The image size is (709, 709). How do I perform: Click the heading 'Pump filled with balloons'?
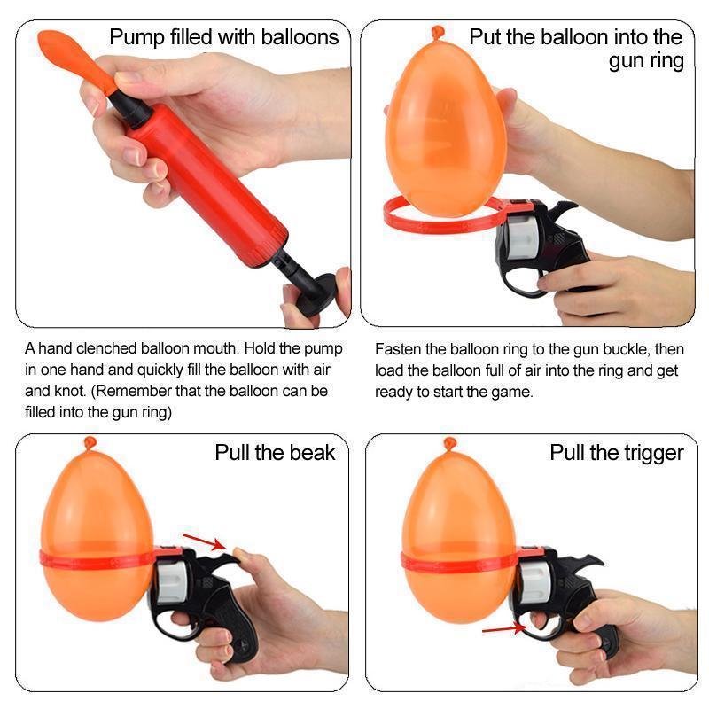223,37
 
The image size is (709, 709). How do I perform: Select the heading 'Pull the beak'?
275,453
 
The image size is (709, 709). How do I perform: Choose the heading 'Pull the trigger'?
617,453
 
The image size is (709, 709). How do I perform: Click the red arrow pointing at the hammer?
203,541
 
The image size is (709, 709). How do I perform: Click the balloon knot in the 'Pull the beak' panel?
90,442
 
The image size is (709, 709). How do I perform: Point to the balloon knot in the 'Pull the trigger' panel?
451,442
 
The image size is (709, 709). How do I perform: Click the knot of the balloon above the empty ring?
437,33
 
